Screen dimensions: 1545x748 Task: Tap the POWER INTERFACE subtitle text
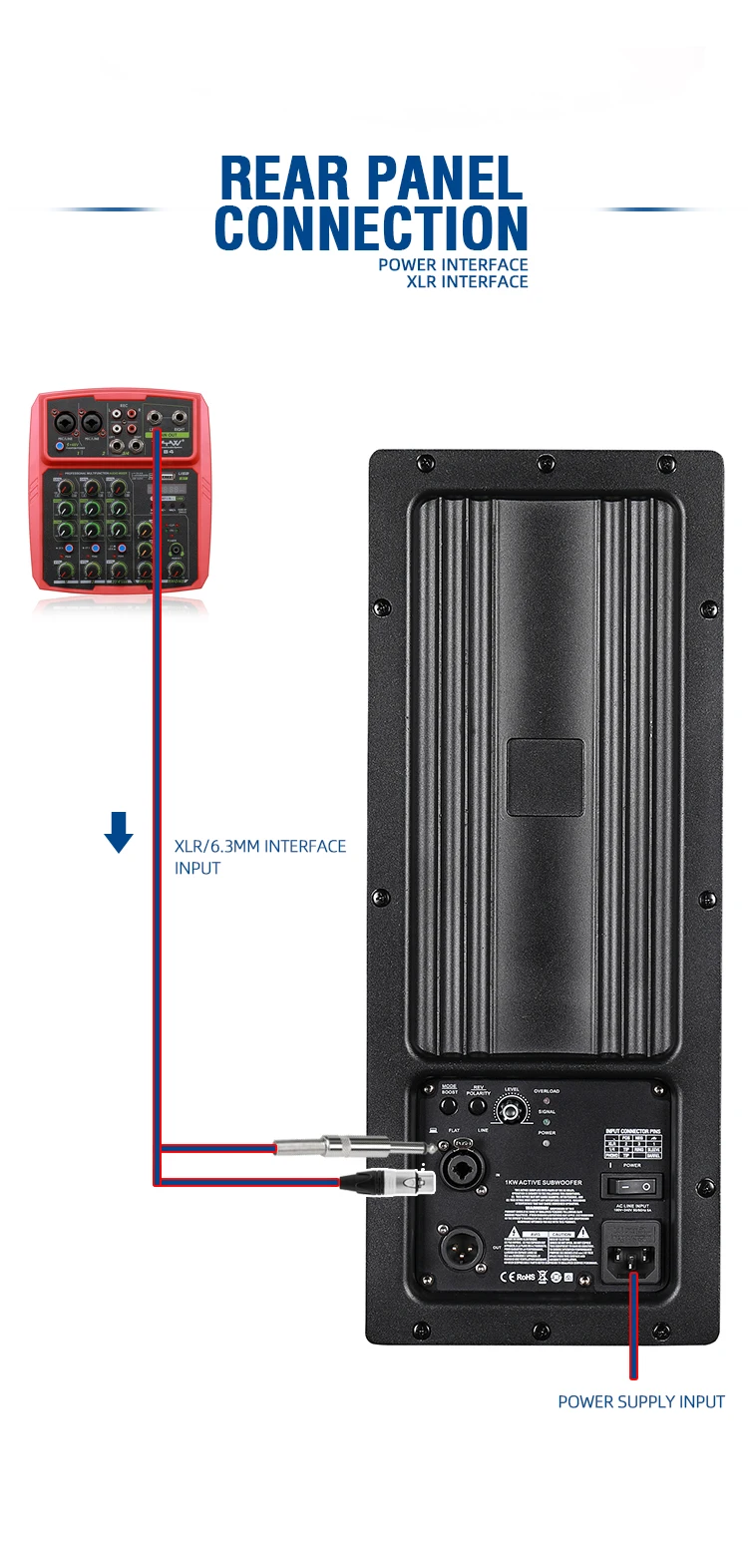pos(453,264)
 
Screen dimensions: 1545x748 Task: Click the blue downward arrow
pos(119,832)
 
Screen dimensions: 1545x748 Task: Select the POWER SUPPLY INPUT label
pos(641,1401)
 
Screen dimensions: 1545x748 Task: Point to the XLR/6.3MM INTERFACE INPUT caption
pos(260,857)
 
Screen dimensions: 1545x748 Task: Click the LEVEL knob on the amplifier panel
pos(513,1111)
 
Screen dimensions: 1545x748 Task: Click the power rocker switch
pos(631,1186)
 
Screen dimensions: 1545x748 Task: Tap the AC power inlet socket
pos(631,1252)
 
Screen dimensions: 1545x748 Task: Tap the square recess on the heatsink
pos(544,777)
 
